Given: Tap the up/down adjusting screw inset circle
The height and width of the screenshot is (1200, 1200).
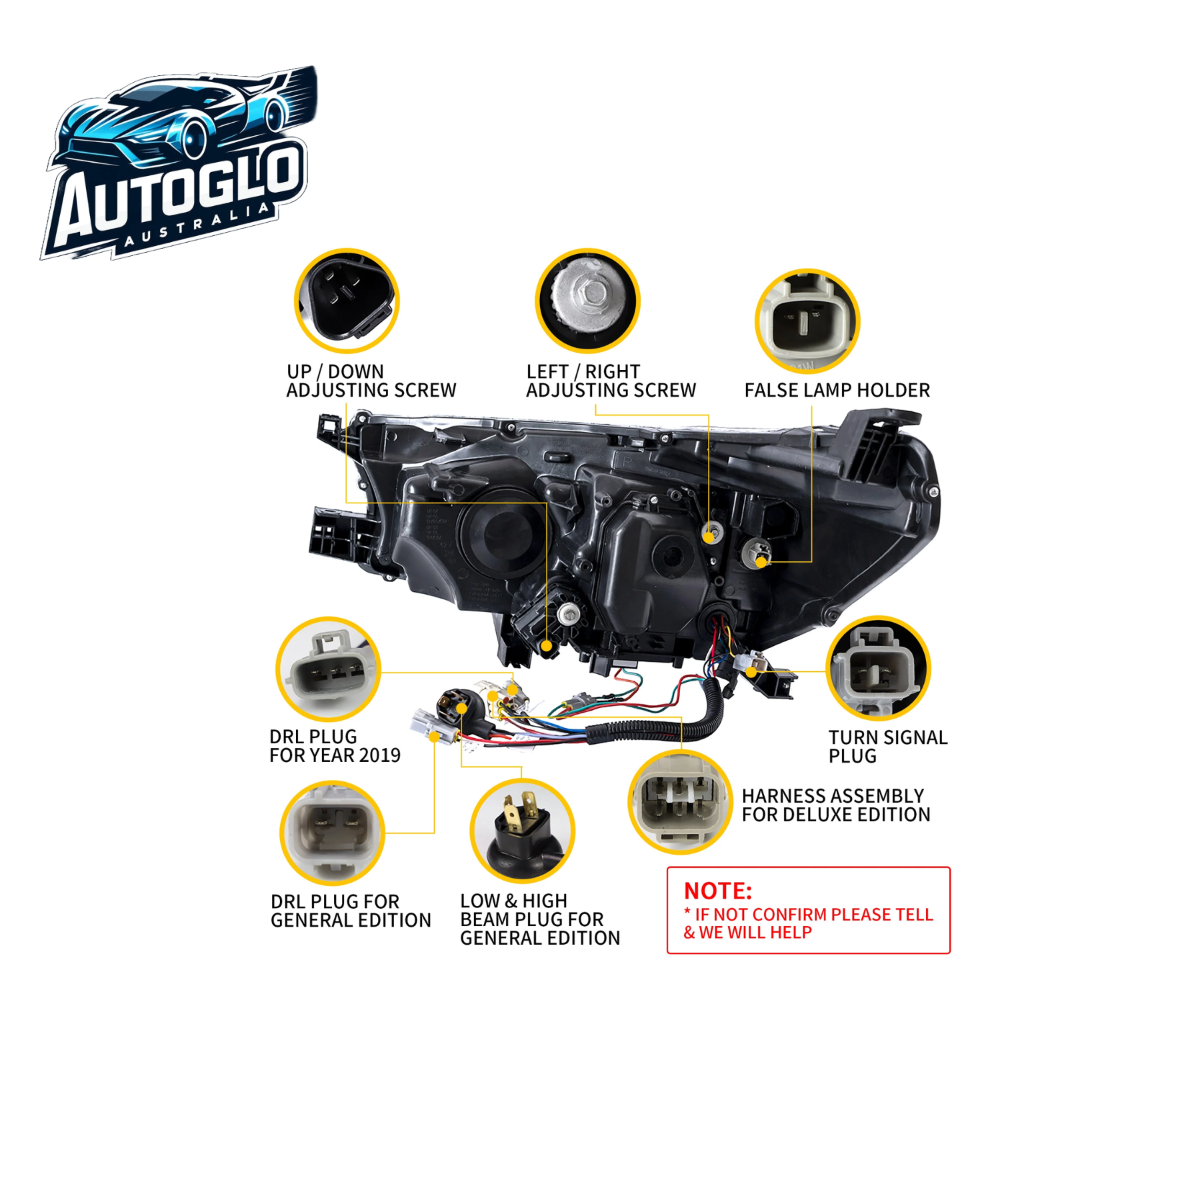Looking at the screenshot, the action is point(347,301).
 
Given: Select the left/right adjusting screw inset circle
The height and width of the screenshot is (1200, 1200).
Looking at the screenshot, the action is point(587,301).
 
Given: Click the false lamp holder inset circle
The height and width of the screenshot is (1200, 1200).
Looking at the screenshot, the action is point(807,321).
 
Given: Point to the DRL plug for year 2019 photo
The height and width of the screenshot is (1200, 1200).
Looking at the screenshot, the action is point(329,669).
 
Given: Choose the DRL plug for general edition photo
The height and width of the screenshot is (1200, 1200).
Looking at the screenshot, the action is point(332,833).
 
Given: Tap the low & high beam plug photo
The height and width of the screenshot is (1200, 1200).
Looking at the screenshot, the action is point(522,831).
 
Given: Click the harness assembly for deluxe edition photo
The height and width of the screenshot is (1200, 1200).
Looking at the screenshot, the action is point(680,801).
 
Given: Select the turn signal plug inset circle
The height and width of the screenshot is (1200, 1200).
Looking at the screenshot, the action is point(878,668).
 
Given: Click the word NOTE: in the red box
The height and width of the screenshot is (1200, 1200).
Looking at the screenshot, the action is point(717,891).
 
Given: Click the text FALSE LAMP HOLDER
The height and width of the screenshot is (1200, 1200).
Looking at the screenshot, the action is point(837,390).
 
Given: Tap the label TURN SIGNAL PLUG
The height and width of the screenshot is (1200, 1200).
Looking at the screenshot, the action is point(887,747).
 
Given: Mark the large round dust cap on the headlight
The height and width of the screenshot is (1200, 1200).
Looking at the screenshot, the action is point(501,531).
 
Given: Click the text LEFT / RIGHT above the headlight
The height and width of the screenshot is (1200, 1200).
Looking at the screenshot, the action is point(583,371).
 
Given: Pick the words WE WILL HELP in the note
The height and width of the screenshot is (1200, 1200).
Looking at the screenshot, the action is point(755,933).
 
